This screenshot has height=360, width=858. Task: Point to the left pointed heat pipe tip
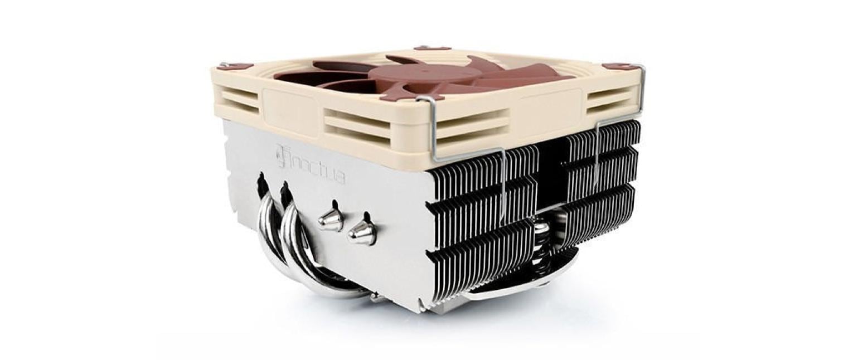[331, 220]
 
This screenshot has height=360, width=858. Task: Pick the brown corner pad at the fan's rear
[432, 48]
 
